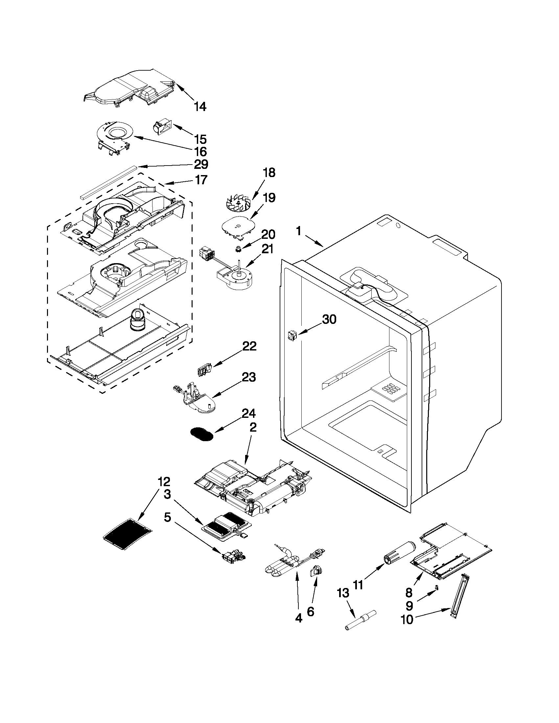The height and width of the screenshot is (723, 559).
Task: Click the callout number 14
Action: coord(200,107)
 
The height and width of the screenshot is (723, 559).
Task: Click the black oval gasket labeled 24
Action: coord(202,434)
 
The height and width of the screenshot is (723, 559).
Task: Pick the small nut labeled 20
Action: coord(238,249)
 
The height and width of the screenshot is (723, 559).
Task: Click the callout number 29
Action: coord(201,164)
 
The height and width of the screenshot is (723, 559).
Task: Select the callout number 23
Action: coord(249,377)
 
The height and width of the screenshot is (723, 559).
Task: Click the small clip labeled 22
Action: coord(204,370)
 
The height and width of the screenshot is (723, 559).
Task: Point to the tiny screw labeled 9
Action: coord(436,587)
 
